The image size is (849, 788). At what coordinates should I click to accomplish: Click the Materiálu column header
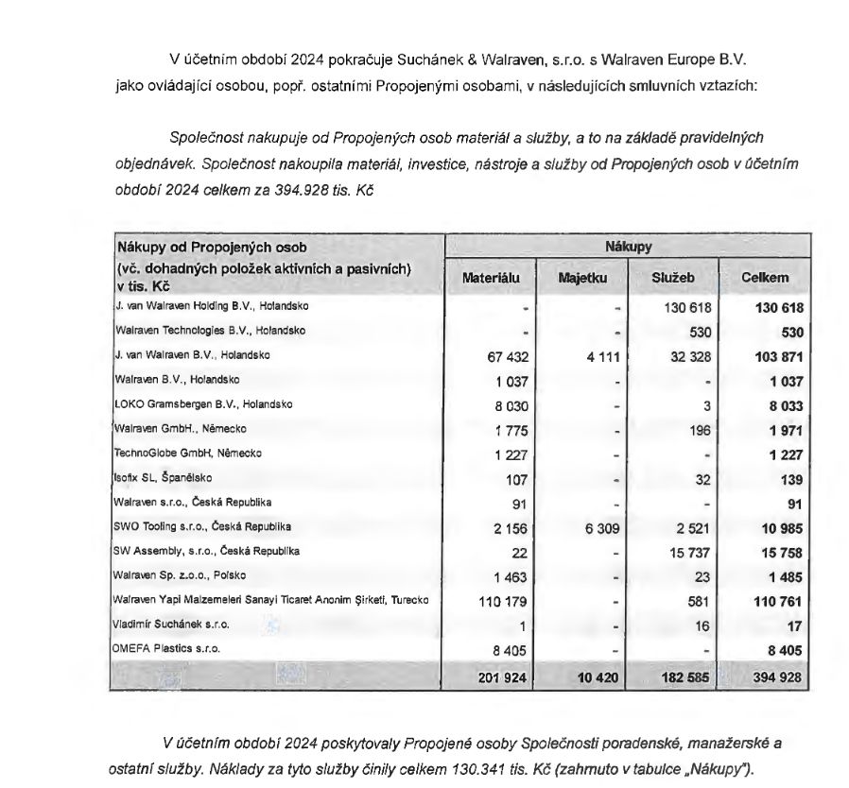(x=490, y=279)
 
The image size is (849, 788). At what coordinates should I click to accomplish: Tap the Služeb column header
(x=672, y=279)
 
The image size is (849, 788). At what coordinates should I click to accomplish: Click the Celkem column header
(x=765, y=279)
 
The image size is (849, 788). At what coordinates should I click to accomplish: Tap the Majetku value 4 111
(x=599, y=355)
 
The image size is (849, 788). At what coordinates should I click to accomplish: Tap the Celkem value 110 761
(x=778, y=600)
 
